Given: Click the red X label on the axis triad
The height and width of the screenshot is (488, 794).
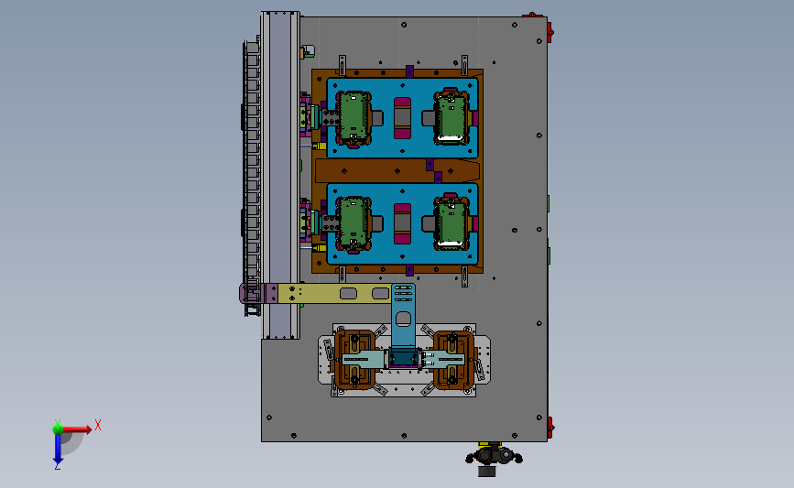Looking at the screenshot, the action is click(x=98, y=425).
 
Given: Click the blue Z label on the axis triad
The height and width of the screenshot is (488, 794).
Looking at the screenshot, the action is click(x=58, y=467).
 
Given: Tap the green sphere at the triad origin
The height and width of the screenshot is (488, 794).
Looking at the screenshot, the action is click(x=58, y=429).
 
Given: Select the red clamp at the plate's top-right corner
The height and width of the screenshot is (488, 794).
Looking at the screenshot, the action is click(x=549, y=31).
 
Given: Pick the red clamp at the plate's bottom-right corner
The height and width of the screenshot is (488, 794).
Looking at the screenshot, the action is click(x=549, y=428).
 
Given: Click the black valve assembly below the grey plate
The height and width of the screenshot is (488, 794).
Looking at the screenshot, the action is click(x=494, y=458).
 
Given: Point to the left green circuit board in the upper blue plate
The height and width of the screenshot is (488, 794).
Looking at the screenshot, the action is click(x=353, y=117).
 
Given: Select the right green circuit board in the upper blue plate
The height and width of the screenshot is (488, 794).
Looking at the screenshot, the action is click(x=451, y=117).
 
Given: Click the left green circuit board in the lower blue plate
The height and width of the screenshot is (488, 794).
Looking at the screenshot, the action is click(x=353, y=223).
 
